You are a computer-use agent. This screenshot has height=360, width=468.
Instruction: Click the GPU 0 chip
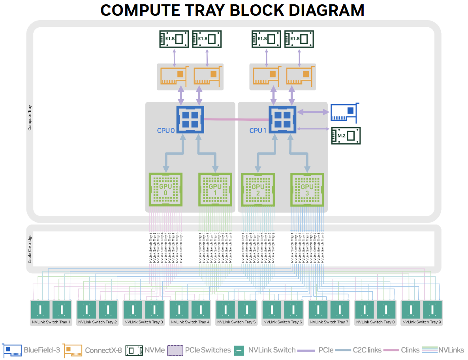pos(165,189)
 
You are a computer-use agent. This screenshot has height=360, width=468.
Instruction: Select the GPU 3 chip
pos(307,189)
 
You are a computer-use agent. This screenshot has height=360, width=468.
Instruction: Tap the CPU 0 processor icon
pos(190,119)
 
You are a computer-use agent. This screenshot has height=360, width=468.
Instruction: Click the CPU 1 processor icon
pos(282,119)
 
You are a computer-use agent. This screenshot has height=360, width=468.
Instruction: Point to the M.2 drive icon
pos(346,136)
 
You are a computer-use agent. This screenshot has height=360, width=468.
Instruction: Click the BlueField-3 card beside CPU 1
pos(344,112)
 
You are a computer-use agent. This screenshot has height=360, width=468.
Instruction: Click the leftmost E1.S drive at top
pos(174,39)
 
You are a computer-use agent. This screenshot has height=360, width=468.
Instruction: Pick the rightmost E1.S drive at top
pos(299,39)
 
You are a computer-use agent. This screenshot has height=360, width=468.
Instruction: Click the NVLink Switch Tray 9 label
pos(421,322)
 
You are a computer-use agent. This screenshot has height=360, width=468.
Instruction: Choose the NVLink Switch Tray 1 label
pos(51,322)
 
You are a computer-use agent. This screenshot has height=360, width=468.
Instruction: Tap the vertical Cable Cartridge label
pos(30,249)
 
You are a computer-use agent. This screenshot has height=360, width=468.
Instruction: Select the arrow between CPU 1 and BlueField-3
pos(313,112)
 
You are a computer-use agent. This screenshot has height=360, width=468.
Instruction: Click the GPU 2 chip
pos(257,189)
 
